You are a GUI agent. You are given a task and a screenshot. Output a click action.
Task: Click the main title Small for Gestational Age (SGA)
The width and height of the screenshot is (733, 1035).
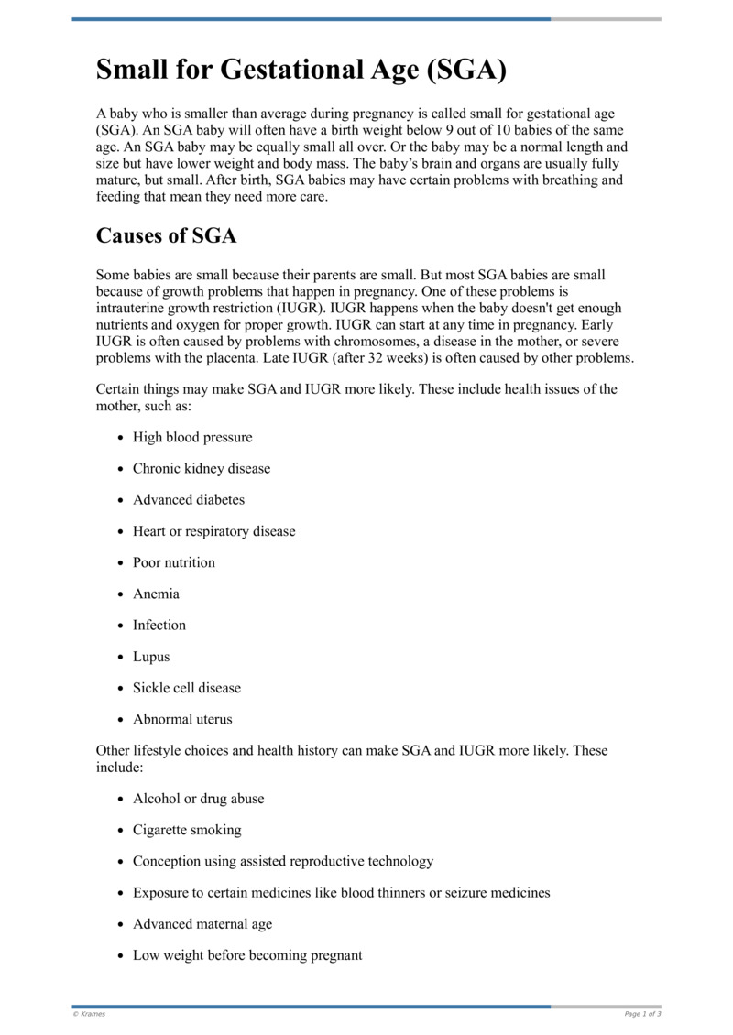pyautogui.click(x=301, y=71)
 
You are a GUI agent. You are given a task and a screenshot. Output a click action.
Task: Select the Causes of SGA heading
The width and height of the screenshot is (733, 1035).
pyautogui.click(x=166, y=235)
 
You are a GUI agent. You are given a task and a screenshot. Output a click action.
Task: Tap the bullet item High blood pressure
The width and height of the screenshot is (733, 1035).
pyautogui.click(x=192, y=437)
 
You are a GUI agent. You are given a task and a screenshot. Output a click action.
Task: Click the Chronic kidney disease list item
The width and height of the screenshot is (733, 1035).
pyautogui.click(x=202, y=468)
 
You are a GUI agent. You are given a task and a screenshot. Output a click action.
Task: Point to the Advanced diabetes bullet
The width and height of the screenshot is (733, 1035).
pyautogui.click(x=189, y=499)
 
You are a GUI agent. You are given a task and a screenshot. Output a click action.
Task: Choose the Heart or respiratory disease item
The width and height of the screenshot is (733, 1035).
pyautogui.click(x=213, y=531)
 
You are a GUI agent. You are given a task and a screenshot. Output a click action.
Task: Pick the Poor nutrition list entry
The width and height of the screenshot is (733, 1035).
pyautogui.click(x=174, y=562)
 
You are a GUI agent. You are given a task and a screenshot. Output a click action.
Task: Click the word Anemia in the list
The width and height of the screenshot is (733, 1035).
pyautogui.click(x=156, y=594)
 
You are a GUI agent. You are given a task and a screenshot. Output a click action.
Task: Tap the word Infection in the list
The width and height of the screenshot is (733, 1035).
pyautogui.click(x=159, y=625)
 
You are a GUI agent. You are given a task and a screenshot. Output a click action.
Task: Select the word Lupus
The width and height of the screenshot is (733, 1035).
pyautogui.click(x=151, y=657)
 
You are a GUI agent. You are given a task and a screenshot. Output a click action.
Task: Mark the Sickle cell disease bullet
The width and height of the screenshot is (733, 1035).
pyautogui.click(x=187, y=688)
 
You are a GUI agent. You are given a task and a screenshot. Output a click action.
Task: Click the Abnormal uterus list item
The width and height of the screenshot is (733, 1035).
pyautogui.click(x=182, y=719)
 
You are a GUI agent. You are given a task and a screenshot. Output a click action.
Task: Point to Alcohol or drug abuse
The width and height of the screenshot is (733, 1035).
pyautogui.click(x=198, y=799)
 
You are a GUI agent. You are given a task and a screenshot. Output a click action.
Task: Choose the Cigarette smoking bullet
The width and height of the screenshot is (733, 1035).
pyautogui.click(x=187, y=830)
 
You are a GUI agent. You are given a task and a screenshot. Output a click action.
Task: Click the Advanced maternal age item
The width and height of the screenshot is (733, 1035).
pyautogui.click(x=202, y=924)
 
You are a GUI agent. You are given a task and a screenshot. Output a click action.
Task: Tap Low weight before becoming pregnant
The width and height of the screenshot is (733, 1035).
pyautogui.click(x=247, y=955)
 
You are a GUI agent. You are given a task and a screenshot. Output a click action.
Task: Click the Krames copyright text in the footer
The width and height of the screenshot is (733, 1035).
pyautogui.click(x=89, y=1014)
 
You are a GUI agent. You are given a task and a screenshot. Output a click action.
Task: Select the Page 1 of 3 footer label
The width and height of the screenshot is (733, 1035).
pyautogui.click(x=642, y=1014)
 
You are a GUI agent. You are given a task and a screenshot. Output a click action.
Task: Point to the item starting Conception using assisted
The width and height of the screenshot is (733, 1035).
pyautogui.click(x=283, y=861)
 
